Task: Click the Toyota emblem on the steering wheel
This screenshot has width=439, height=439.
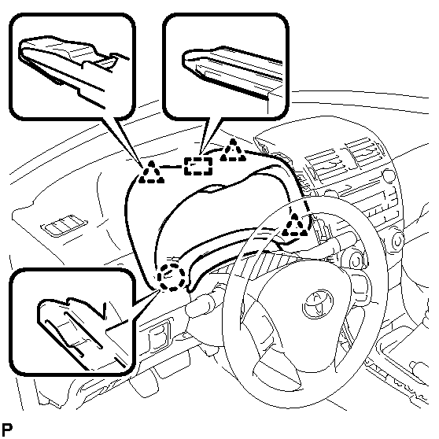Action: tap(319, 304)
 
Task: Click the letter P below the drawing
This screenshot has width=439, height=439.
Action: tap(7, 429)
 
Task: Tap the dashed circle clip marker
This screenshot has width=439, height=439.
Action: tap(172, 277)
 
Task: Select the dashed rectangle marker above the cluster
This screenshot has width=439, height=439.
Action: tap(198, 166)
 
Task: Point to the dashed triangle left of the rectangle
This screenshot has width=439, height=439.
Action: tap(152, 173)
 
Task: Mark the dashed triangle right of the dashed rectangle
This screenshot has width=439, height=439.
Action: tap(233, 151)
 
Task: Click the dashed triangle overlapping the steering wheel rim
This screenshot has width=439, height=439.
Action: tap(294, 225)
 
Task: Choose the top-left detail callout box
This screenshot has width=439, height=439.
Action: tap(72, 67)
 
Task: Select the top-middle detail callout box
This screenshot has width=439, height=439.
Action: tap(226, 67)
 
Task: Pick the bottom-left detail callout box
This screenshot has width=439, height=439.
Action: tap(72, 322)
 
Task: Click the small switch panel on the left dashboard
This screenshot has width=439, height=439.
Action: tap(64, 224)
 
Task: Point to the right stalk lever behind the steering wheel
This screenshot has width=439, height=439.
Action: tap(343, 242)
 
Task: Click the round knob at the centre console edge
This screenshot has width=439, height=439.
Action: tap(397, 242)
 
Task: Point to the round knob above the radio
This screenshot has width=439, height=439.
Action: tap(389, 175)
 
